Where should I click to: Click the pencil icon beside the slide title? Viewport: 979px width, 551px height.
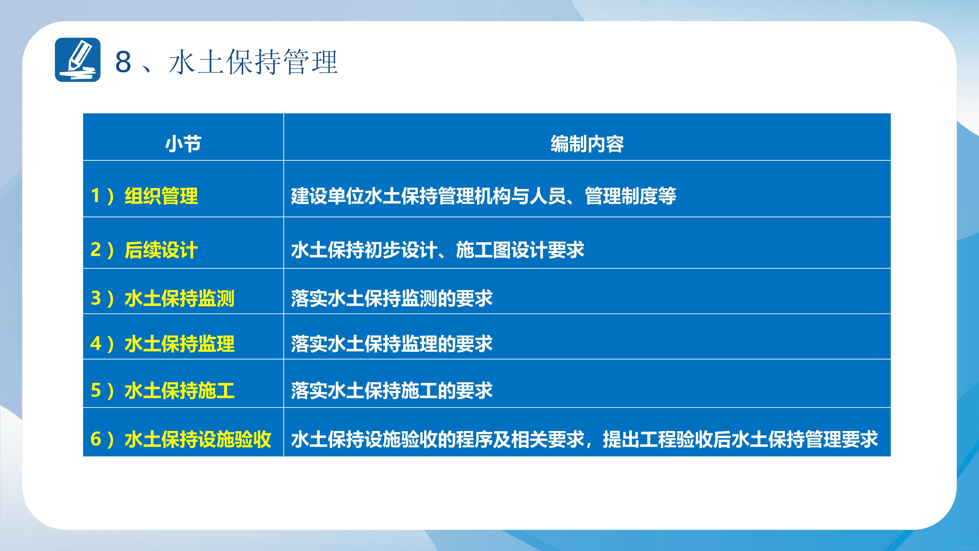(78, 60)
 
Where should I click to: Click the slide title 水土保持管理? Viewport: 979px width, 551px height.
(253, 62)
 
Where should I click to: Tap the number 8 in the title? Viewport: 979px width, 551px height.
(123, 62)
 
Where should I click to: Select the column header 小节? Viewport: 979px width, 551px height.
(183, 144)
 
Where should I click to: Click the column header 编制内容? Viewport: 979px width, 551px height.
(587, 144)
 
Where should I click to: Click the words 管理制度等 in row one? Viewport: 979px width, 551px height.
(631, 196)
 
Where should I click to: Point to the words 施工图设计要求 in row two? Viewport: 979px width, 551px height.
(520, 250)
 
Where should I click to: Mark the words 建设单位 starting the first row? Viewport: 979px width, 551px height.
(328, 196)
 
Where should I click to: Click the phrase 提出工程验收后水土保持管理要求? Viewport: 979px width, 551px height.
(740, 439)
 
